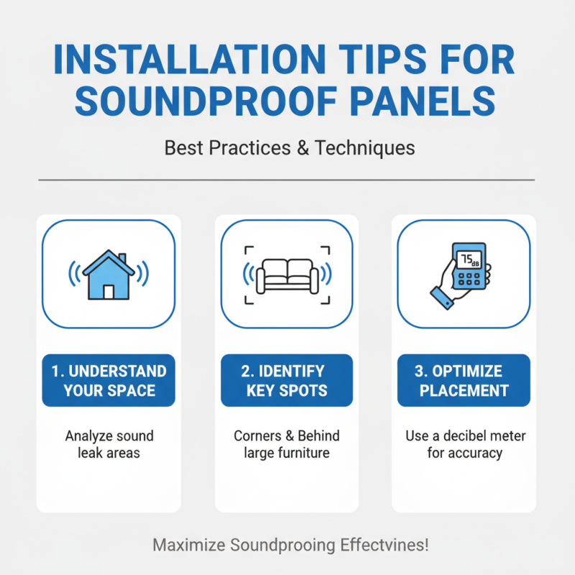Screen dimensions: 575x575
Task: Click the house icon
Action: (109, 277)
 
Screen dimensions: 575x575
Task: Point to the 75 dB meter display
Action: (469, 259)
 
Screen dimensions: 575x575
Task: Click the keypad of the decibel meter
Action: (469, 277)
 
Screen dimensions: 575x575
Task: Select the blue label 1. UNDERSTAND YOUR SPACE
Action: (109, 380)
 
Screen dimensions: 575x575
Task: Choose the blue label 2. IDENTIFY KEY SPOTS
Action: (287, 380)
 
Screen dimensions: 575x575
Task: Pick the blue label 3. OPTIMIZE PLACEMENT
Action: (464, 380)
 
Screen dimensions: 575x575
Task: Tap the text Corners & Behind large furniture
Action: (287, 444)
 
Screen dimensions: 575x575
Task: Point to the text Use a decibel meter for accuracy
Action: (464, 444)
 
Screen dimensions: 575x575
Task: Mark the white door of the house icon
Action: (109, 291)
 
